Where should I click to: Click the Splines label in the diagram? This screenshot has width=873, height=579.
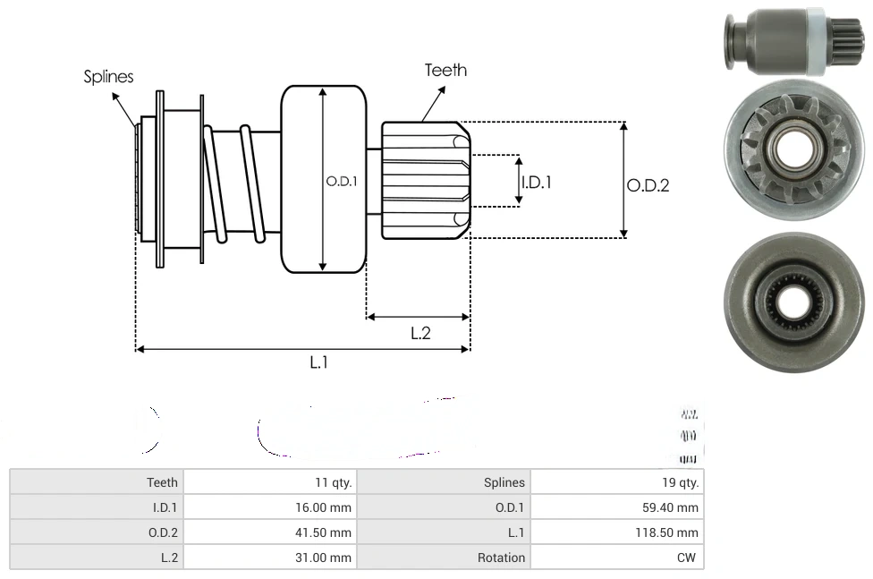tap(108, 77)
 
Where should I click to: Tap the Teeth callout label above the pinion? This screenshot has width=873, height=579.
tap(445, 70)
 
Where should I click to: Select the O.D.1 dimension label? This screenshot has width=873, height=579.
tap(342, 181)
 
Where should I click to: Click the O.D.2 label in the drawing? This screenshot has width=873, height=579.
tap(648, 185)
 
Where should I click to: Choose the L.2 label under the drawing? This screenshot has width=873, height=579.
tap(420, 333)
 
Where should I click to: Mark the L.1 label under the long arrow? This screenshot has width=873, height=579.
tap(319, 362)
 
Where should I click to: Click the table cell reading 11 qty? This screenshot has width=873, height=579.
tap(334, 482)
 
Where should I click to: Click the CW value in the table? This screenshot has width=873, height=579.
tap(688, 558)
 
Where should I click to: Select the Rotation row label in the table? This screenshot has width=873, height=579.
tap(501, 558)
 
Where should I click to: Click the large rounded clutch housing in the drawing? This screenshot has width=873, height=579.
tap(324, 179)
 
